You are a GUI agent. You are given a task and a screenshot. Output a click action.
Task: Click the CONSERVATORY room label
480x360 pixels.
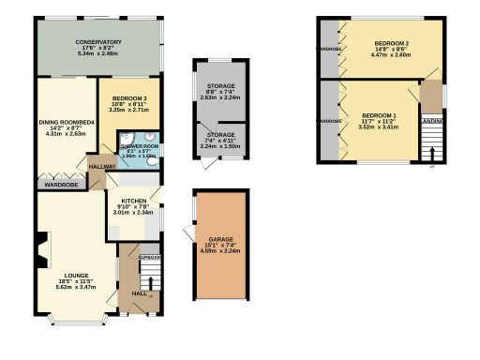[98, 42]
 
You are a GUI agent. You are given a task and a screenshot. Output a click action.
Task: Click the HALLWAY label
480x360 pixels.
[102, 167]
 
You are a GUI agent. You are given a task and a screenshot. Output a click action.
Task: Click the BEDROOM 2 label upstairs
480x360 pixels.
[391, 43]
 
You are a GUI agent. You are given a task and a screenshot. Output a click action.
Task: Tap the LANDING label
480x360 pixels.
[433, 120]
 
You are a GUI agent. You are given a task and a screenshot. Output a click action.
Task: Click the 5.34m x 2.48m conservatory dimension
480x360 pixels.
[98, 53]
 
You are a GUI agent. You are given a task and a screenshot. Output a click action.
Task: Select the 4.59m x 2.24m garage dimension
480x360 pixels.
[221, 252]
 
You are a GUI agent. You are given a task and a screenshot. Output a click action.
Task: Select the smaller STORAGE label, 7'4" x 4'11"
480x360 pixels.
[221, 135]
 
